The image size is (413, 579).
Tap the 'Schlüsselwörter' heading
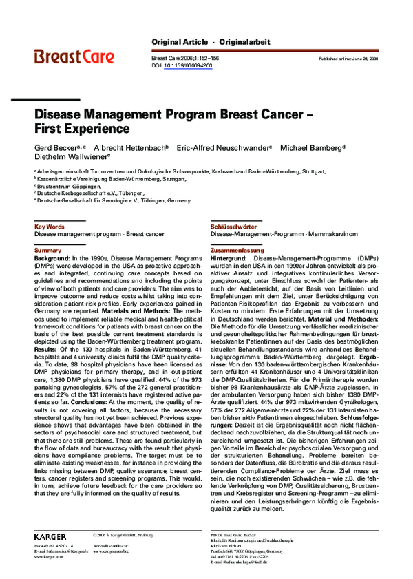[x=233, y=226]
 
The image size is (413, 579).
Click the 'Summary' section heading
[x=47, y=250]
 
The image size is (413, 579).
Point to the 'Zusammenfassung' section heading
[x=237, y=250]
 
